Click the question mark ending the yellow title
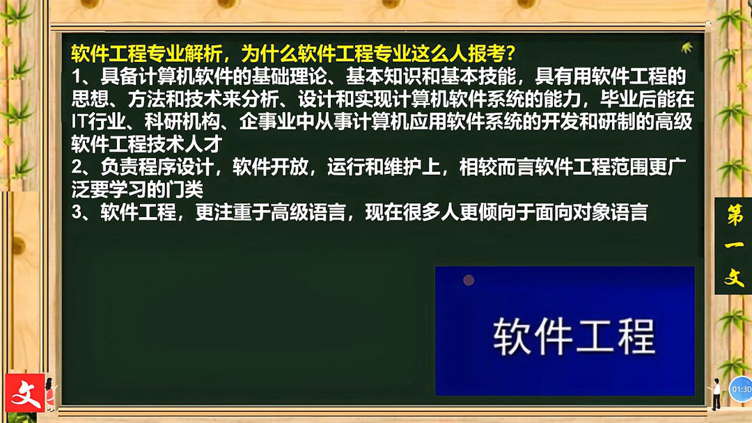coord(510,54)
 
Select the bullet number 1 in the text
coord(77,77)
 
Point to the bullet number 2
coord(77,167)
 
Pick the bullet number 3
coord(77,212)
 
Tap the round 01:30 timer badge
coord(741,389)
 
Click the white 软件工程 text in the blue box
coord(574,337)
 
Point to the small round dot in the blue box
coord(469,280)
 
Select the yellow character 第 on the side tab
coord(735,215)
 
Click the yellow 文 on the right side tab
coord(735,277)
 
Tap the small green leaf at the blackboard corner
coord(687,47)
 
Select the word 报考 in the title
coord(486,54)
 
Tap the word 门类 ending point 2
coord(184,190)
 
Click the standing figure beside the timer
coord(716,394)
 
